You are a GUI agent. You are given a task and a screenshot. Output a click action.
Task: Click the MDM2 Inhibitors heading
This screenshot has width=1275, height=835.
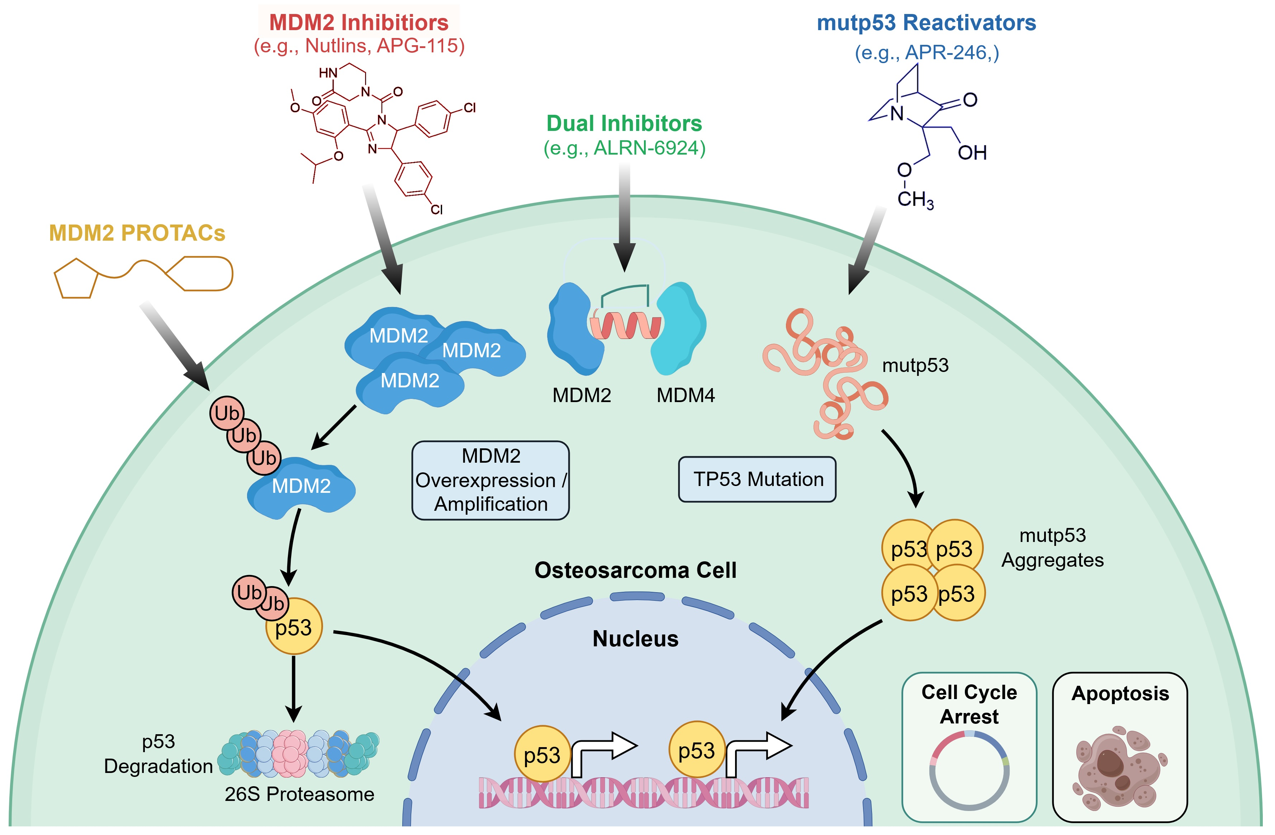359,23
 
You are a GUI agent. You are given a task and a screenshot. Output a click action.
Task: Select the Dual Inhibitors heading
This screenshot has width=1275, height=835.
624,123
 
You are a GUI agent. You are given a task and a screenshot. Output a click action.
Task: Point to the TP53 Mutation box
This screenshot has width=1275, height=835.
757,479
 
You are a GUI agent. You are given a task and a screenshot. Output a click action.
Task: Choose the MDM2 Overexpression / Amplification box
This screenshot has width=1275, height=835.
490,480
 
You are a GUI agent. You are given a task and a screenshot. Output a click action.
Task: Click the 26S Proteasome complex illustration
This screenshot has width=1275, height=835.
298,754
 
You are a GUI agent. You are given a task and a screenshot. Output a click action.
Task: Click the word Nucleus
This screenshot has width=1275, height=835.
635,639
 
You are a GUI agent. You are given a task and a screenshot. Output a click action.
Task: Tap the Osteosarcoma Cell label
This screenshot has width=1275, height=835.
635,570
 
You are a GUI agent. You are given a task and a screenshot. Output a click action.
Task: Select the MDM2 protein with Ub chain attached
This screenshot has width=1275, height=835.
301,487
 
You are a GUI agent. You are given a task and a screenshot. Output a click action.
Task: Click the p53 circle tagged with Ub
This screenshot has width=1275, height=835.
294,626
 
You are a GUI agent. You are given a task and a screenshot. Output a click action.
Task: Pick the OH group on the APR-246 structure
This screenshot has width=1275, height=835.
972,153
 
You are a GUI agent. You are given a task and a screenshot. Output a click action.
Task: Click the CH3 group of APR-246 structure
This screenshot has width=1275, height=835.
915,199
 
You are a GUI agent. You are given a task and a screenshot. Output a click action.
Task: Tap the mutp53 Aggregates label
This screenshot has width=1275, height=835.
1053,548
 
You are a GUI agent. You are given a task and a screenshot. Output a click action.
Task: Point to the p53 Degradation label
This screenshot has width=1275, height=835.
158,754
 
